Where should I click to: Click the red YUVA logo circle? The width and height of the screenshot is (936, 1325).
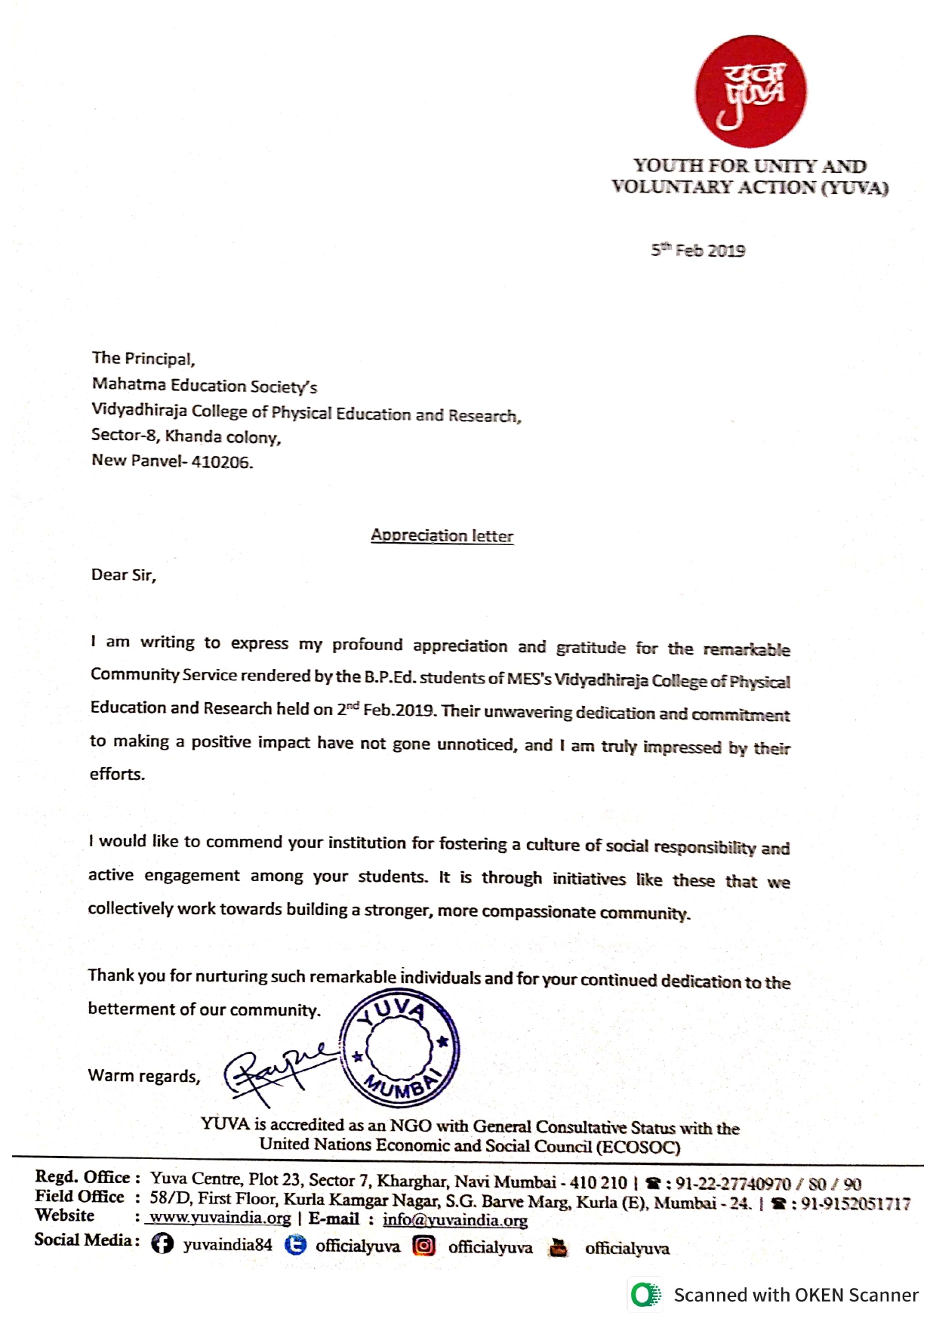click(750, 91)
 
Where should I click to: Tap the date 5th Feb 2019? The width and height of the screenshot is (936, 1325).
click(697, 251)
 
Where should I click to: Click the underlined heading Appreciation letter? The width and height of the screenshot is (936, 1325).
click(442, 536)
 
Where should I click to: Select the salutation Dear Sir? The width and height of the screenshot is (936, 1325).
click(123, 575)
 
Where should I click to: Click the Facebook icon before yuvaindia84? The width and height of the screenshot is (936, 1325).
click(162, 1243)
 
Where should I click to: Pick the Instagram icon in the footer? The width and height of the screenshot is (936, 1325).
click(424, 1246)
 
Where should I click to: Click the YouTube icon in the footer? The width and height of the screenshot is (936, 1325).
click(559, 1247)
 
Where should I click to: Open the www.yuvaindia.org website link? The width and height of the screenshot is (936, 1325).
click(220, 1218)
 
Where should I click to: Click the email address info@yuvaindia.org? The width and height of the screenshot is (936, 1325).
click(454, 1220)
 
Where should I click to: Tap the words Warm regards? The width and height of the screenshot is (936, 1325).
click(144, 1076)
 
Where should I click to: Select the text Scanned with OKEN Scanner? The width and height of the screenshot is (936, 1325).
click(796, 1296)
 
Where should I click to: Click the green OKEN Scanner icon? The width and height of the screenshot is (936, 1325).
click(645, 1295)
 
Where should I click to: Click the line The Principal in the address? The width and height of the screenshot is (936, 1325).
click(143, 359)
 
